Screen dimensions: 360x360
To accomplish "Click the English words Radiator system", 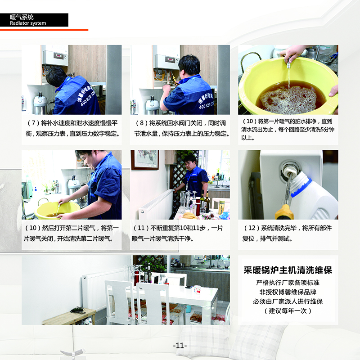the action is (x=28, y=23).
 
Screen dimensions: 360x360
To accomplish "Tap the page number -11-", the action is (x=180, y=345).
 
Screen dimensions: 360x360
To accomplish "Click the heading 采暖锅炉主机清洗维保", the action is (x=288, y=270).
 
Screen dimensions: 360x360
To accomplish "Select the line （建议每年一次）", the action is (x=288, y=311).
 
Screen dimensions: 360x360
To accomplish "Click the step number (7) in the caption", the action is (x=33, y=123).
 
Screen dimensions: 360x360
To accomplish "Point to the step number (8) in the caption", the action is (x=141, y=123).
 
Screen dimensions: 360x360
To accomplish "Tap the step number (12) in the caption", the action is (x=252, y=228).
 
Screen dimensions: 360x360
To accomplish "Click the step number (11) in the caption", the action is (x=141, y=228).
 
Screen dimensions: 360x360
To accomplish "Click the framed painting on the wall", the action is (x=145, y=160).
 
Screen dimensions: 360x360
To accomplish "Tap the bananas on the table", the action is (x=189, y=216).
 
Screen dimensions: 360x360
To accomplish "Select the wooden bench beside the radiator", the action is (x=69, y=316).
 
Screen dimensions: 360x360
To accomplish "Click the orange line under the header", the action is (x=44, y=30).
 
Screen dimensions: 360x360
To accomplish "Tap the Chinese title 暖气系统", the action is (x=22, y=17).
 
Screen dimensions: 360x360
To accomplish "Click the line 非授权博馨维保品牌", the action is (x=288, y=292).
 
